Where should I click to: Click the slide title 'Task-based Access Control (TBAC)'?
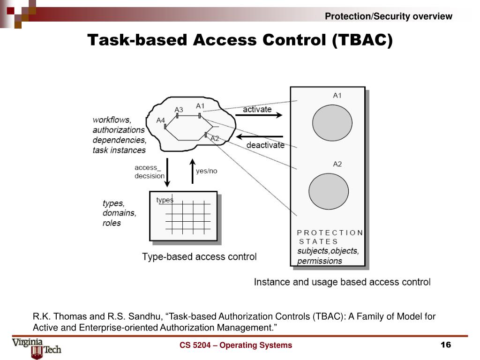240,40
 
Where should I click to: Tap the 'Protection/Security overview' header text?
389,16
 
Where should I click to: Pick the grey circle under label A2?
329,191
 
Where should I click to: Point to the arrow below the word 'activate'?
262,115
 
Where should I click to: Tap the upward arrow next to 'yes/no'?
192,171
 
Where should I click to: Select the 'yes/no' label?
207,171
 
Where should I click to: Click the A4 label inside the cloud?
160,120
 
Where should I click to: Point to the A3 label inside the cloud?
179,110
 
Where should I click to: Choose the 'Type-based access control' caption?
199,257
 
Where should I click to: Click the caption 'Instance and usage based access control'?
342,282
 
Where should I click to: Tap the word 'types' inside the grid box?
165,200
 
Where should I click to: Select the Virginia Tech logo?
37,347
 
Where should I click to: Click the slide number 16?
445,345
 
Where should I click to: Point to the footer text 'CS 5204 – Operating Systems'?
235,345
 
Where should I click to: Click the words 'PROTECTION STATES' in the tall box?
330,237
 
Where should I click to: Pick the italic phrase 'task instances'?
119,150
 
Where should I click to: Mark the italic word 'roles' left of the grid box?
112,223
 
